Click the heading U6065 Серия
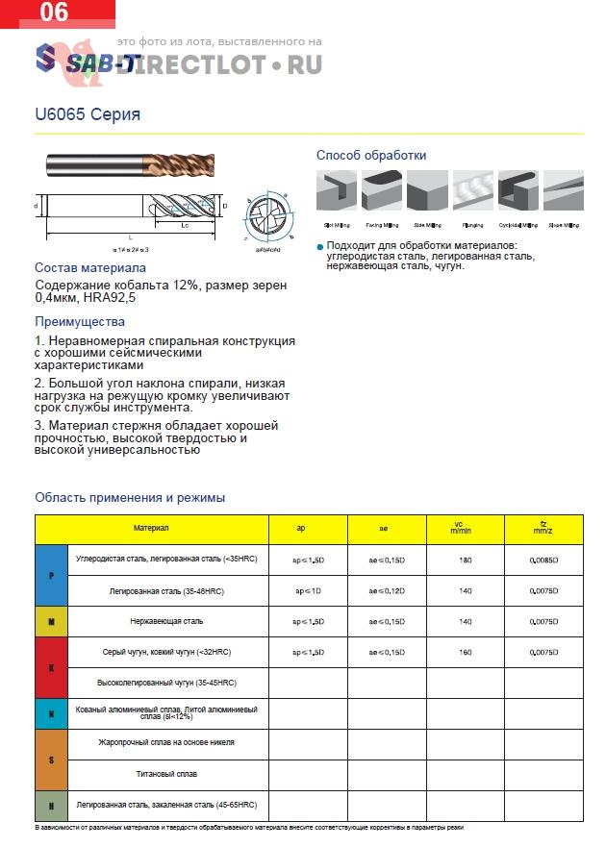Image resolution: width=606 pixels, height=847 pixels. [88, 114]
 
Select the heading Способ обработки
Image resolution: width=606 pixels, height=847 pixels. [371, 155]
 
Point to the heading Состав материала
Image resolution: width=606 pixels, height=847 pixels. [90, 267]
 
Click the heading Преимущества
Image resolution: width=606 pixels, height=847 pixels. [80, 322]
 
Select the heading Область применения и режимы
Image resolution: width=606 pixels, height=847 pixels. [130, 497]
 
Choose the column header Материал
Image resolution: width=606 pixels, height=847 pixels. [151, 529]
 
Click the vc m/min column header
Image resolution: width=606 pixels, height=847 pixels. [465, 529]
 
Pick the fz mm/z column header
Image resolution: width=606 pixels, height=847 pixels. [543, 529]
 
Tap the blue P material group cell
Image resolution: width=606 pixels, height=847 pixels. [51, 575]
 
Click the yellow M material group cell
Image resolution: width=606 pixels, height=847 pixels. [51, 621]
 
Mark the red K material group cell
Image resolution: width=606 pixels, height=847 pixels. [51, 666]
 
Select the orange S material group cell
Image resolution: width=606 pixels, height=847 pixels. [51, 759]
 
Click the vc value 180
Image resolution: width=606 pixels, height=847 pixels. [465, 560]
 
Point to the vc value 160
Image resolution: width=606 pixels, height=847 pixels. [465, 652]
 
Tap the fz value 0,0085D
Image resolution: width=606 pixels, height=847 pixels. [543, 560]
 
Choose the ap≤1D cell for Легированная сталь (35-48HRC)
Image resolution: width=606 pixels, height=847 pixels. [308, 590]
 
